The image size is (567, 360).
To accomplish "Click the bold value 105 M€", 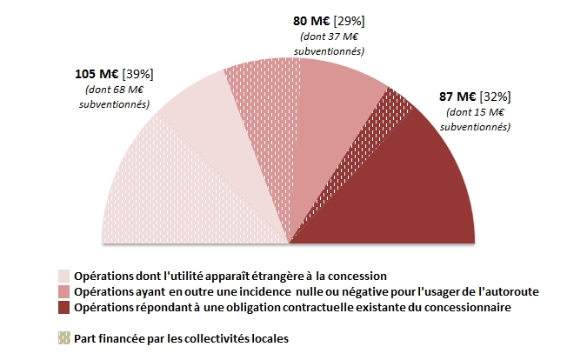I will (x=98, y=75).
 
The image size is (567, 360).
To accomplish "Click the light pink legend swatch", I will (x=63, y=277).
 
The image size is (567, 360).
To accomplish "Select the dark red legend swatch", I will (x=63, y=308).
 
